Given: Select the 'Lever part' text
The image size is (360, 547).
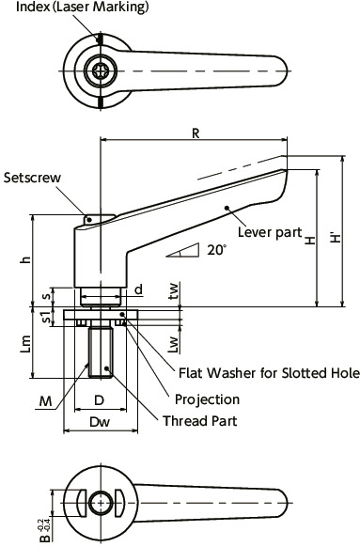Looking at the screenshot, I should pos(268,231).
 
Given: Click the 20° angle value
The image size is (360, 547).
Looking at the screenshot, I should pos(217,250).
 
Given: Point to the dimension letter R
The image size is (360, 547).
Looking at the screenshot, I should pos(195,133).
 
